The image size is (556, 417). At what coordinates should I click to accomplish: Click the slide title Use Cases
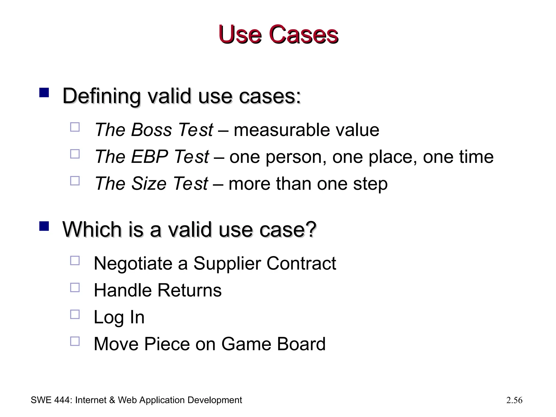pyautogui.click(x=278, y=34)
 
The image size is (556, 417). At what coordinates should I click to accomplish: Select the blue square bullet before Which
pyautogui.click(x=44, y=226)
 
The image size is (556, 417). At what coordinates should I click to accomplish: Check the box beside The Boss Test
pyautogui.click(x=75, y=127)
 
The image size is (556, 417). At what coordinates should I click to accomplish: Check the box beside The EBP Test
pyautogui.click(x=75, y=154)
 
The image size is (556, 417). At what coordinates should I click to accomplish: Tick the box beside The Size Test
pyautogui.click(x=75, y=181)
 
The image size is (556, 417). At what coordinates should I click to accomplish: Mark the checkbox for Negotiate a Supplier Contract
pyautogui.click(x=75, y=261)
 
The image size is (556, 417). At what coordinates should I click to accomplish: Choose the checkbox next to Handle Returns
pyautogui.click(x=75, y=288)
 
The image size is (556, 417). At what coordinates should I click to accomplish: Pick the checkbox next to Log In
pyautogui.click(x=75, y=314)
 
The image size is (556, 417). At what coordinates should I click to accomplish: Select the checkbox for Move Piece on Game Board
pyautogui.click(x=75, y=341)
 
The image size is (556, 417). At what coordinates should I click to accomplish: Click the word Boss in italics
pyautogui.click(x=151, y=130)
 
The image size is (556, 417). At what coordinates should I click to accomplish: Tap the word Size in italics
pyautogui.click(x=149, y=184)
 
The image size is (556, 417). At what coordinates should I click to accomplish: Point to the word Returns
pyautogui.click(x=189, y=290)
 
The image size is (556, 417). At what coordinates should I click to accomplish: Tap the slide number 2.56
pyautogui.click(x=514, y=400)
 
